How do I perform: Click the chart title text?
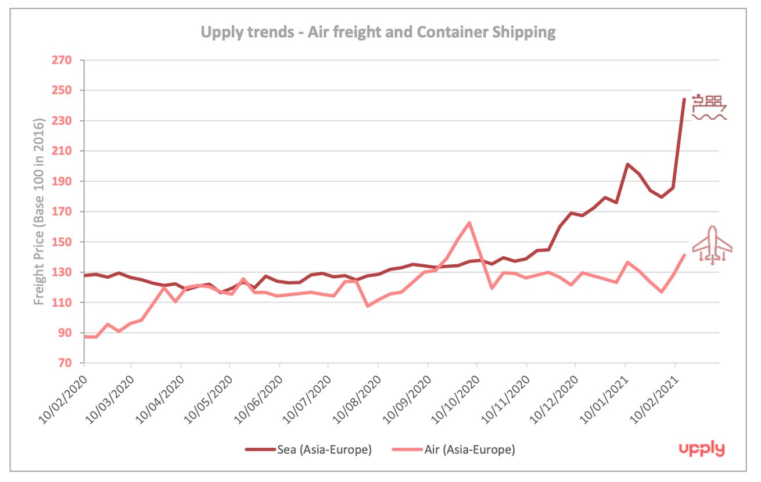(378, 32)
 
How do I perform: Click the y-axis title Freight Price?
(40, 212)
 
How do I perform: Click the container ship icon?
(709, 107)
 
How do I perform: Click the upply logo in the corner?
(702, 449)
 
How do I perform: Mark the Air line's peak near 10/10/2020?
(469, 222)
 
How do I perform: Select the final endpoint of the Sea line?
(684, 99)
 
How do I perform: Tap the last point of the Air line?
(684, 255)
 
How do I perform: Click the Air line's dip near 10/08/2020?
(368, 305)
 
